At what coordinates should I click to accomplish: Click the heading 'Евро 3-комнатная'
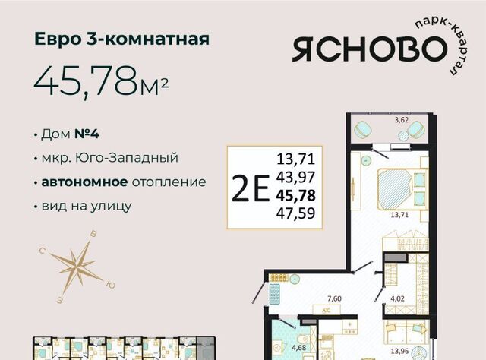point(121,39)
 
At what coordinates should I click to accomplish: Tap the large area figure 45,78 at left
point(86,82)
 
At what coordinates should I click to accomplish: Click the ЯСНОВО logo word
point(370,49)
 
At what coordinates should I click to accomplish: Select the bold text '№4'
point(87,134)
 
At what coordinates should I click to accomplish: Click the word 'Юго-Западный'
point(128,158)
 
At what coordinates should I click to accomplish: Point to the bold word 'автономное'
point(84,182)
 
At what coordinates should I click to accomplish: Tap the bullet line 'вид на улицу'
point(87,206)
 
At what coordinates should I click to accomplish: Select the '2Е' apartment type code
point(251,188)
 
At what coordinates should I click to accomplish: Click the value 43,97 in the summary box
point(295,177)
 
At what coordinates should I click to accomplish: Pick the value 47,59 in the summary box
point(295,213)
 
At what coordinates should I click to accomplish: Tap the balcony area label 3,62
point(402,120)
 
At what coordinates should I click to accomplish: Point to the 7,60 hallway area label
point(334,298)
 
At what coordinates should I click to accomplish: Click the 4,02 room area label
point(397,298)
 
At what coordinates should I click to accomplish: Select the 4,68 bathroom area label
point(298,348)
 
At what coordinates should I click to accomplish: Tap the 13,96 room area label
point(399,352)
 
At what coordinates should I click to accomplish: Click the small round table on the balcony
point(403,135)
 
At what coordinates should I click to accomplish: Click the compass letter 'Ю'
point(110,285)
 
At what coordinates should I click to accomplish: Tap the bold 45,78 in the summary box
point(295,195)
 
